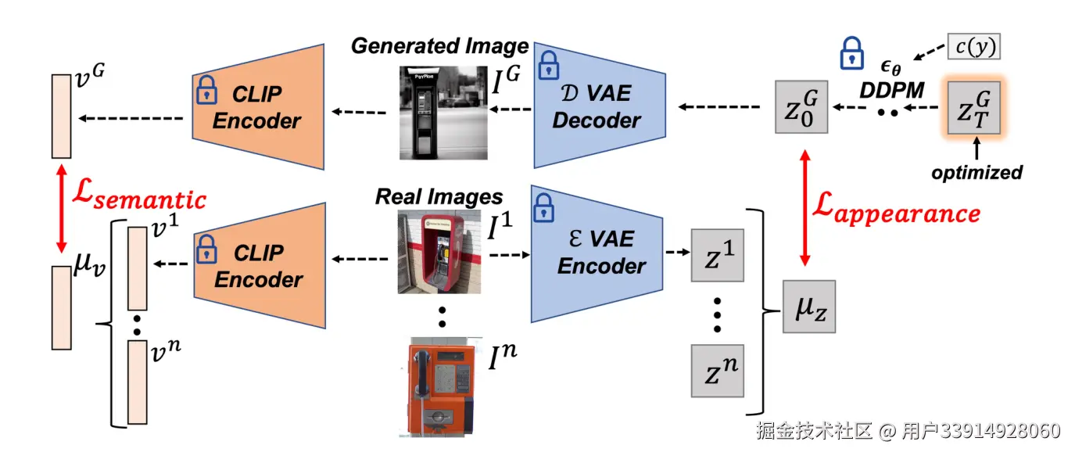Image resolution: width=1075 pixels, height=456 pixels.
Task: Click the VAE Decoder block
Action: click(x=598, y=107)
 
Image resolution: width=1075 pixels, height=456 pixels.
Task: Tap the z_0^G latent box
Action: click(x=801, y=106)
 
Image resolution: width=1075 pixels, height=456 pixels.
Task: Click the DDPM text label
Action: click(x=893, y=90)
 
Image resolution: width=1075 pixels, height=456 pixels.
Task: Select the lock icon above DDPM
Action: click(x=850, y=53)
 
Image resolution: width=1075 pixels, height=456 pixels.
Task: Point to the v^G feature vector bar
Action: click(x=61, y=116)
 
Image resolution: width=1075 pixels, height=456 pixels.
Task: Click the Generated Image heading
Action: click(x=439, y=45)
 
